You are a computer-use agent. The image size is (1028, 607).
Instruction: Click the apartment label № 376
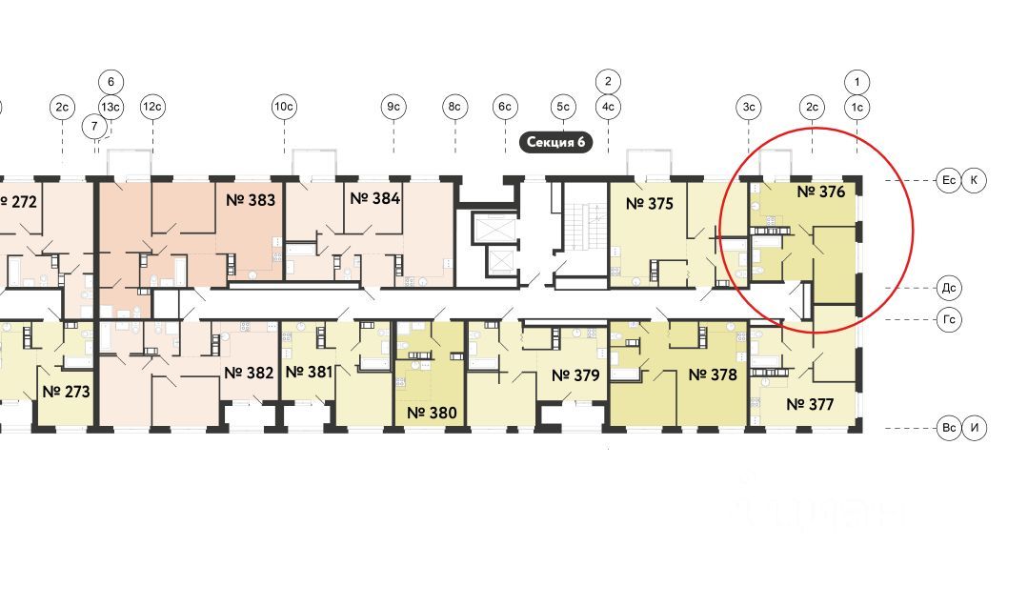(820, 192)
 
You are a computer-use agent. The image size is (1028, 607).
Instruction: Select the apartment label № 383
(250, 200)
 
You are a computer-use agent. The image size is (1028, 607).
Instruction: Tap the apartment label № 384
(374, 198)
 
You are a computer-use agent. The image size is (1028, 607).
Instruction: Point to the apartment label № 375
(649, 203)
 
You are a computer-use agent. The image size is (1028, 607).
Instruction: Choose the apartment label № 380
(431, 413)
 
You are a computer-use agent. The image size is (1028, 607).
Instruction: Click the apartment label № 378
(712, 374)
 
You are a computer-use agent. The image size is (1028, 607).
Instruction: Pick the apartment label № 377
(810, 404)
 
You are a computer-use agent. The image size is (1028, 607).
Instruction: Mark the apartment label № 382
(250, 372)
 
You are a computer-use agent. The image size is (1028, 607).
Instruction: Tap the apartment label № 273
(65, 391)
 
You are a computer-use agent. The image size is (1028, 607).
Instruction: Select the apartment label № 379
(575, 374)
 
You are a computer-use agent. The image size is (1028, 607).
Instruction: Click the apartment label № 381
(310, 371)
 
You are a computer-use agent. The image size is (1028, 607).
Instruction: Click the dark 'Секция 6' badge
(555, 143)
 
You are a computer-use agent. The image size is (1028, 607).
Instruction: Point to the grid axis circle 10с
(283, 107)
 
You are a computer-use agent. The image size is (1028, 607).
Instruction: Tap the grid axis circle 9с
(393, 107)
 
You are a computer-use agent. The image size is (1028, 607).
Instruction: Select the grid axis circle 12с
(151, 107)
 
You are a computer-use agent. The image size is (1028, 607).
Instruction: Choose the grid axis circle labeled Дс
(949, 287)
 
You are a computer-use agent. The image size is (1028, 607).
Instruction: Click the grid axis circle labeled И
(974, 428)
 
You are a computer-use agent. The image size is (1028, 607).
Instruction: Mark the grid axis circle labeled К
(974, 179)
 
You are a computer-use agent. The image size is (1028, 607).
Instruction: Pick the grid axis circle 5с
(563, 107)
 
